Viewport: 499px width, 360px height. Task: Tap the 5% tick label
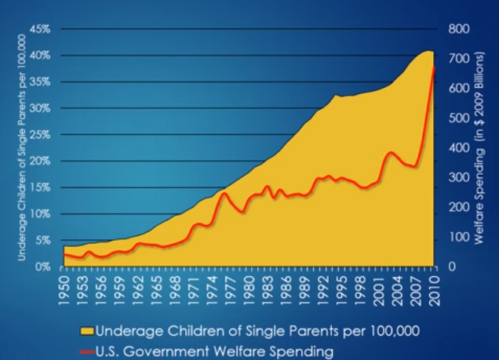tap(43, 240)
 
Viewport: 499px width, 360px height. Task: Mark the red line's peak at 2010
tap(433, 67)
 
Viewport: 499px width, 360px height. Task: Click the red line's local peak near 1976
tap(224, 193)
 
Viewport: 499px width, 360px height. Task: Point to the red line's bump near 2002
tap(391, 152)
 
